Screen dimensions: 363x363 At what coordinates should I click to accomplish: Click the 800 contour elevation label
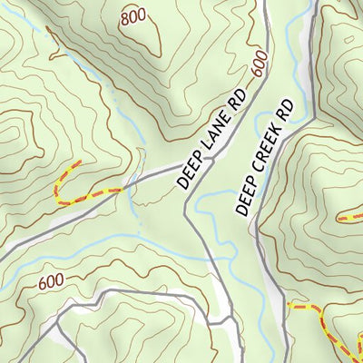click(x=133, y=15)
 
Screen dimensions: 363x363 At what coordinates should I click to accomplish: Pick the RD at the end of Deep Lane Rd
click(x=237, y=100)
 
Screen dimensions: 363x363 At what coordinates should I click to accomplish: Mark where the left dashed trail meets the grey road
click(x=122, y=189)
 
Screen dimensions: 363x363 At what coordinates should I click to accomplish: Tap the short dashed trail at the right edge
click(x=349, y=218)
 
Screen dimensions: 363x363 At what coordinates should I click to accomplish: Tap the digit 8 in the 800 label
click(x=124, y=15)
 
